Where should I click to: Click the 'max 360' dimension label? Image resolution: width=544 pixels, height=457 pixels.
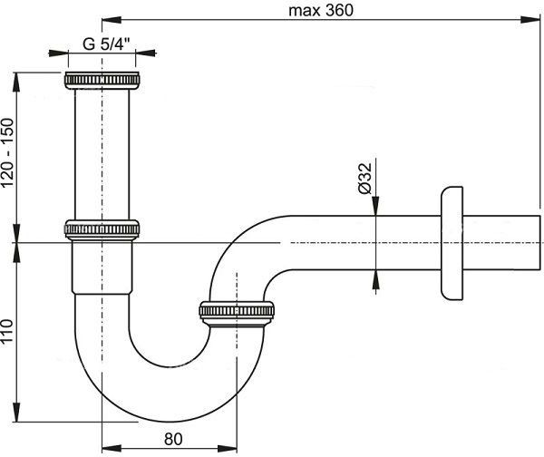click(321, 10)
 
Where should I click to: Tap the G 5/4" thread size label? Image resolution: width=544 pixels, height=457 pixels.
click(106, 44)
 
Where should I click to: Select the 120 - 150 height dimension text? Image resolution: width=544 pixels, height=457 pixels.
click(7, 153)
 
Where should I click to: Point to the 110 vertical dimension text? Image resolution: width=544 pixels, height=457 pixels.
click(7, 331)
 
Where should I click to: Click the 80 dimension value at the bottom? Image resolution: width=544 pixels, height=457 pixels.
click(173, 439)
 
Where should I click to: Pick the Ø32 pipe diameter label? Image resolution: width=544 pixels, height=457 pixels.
click(364, 179)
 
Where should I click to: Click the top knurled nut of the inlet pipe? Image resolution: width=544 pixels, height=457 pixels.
click(102, 81)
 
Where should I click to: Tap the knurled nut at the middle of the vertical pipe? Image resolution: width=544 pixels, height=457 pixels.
click(102, 229)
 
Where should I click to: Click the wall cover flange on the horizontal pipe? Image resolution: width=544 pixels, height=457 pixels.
click(452, 243)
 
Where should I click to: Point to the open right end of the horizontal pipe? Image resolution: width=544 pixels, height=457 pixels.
click(540, 242)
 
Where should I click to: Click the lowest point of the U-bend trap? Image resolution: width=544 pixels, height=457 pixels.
click(170, 422)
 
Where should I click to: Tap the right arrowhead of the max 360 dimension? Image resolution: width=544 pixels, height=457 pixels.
click(530, 20)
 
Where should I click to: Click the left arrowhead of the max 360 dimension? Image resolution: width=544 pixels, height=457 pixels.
click(112, 20)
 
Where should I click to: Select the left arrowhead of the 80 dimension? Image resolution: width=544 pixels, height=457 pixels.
click(112, 448)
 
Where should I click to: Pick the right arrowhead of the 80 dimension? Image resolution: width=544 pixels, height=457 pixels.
click(228, 448)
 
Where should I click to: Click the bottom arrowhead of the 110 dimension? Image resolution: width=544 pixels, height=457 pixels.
click(16, 413)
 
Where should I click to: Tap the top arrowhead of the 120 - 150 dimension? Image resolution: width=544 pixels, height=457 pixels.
click(16, 82)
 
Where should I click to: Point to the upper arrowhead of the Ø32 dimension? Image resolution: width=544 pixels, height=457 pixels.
click(375, 206)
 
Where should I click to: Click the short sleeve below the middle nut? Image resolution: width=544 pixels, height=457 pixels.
click(102, 267)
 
